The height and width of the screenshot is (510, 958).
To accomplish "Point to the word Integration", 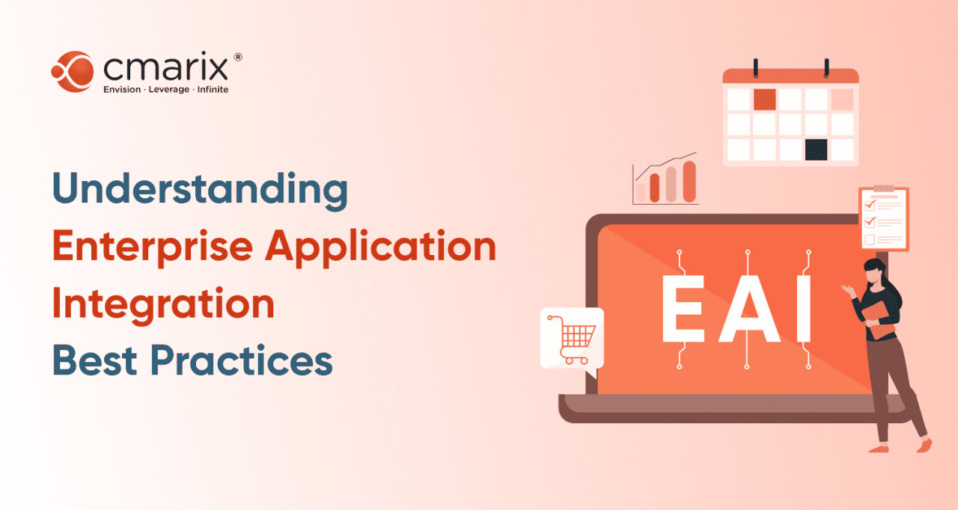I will [x=162, y=304].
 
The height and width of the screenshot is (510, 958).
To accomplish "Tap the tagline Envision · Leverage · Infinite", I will [x=165, y=90].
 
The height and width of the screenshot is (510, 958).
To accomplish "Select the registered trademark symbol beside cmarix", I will [x=237, y=58].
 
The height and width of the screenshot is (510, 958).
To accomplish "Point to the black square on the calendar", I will [x=816, y=149].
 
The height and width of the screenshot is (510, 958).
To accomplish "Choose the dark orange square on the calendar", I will [x=764, y=99].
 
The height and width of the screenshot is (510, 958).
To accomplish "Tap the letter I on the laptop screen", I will [x=803, y=309].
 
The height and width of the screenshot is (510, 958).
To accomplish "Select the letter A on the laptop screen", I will [x=746, y=309].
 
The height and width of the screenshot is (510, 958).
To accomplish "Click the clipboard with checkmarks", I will [x=883, y=218].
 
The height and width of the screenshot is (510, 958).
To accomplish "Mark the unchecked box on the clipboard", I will [x=870, y=240].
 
